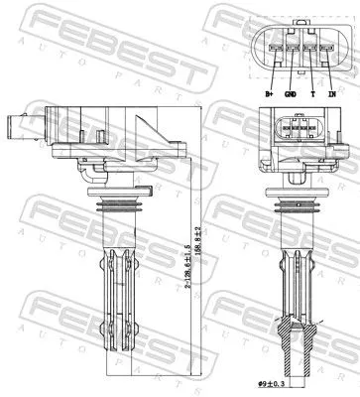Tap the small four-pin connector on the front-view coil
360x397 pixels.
point(295,128)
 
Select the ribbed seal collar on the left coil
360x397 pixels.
point(112,205)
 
